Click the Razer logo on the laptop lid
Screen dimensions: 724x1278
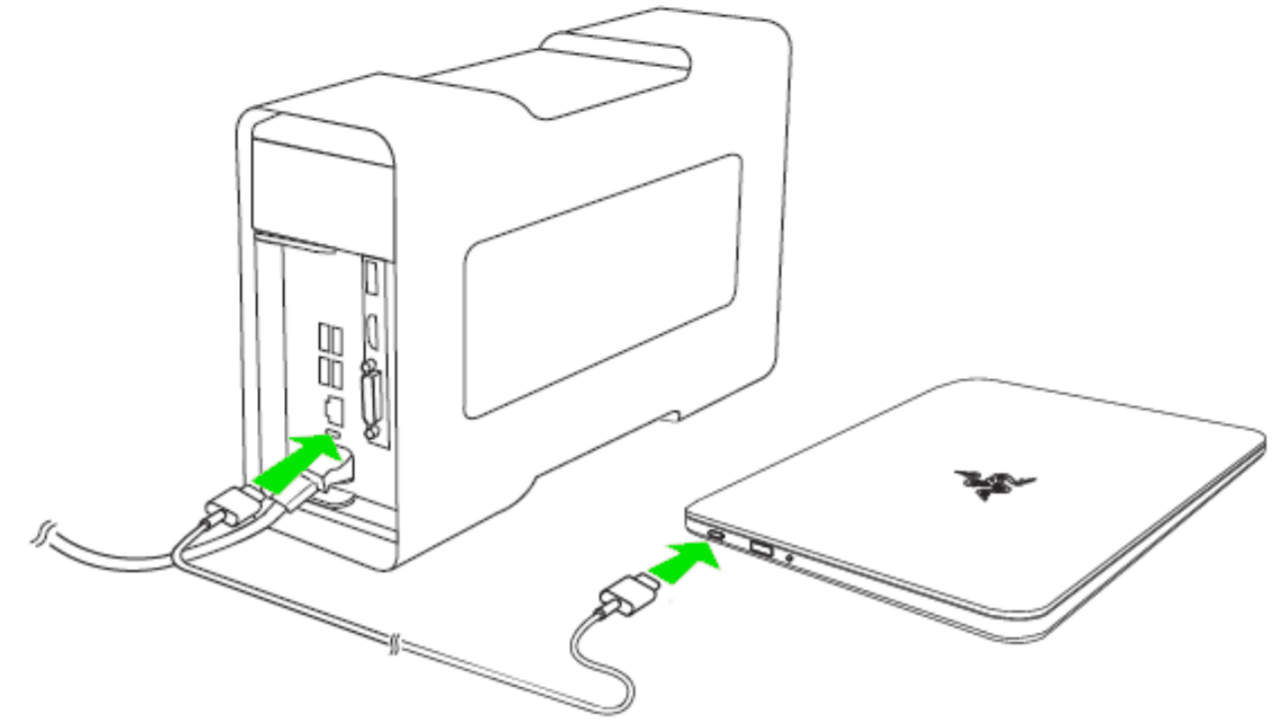tap(982, 480)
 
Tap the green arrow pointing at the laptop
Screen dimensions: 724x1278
tap(686, 565)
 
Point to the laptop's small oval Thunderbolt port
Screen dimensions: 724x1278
tap(717, 538)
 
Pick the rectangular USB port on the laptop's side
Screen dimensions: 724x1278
tap(759, 547)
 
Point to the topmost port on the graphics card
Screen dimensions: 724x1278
tap(372, 276)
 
